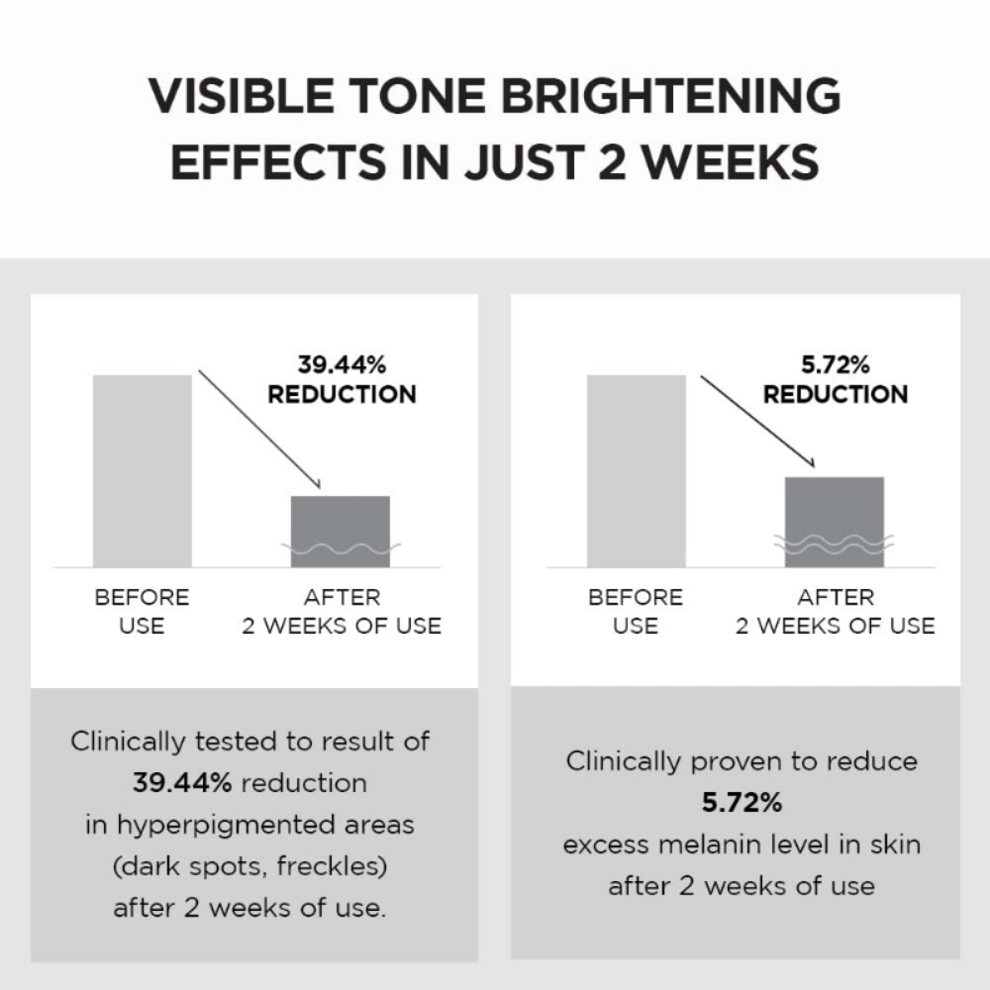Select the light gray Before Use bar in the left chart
coord(142,470)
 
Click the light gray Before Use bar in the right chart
coord(636,470)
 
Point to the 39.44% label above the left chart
coord(342,364)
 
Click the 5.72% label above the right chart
coord(835,364)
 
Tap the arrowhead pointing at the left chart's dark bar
coord(317,484)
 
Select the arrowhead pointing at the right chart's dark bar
coord(810,463)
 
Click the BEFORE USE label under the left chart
coord(142,611)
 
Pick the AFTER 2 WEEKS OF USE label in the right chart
coord(835,611)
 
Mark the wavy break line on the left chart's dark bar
coord(341,547)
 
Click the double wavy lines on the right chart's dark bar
coord(834,544)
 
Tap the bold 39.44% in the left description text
coord(182,783)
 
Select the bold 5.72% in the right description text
coord(742,803)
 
